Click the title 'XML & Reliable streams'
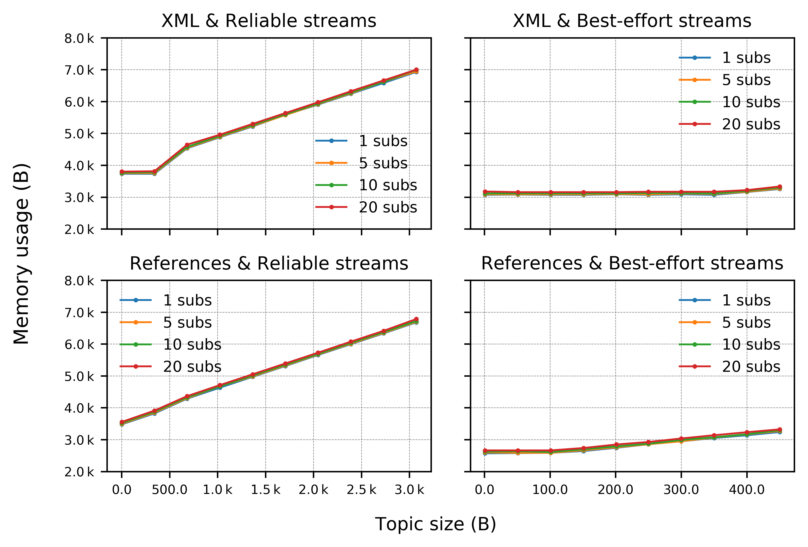click(x=269, y=21)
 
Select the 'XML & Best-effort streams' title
click(x=632, y=21)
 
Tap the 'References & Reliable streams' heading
click(x=269, y=263)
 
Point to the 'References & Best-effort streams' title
click(x=632, y=263)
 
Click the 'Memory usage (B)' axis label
click(x=22, y=254)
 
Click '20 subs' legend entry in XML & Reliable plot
click(x=388, y=207)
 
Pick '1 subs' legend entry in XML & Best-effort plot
click(x=746, y=58)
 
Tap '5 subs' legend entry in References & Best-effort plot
click(x=746, y=322)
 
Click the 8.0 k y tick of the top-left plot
click(x=79, y=38)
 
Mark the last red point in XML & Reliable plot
click(x=416, y=70)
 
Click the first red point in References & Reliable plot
click(x=122, y=422)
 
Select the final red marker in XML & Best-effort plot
click(x=780, y=187)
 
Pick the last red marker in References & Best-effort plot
click(x=780, y=430)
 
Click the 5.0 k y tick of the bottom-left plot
click(x=79, y=376)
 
